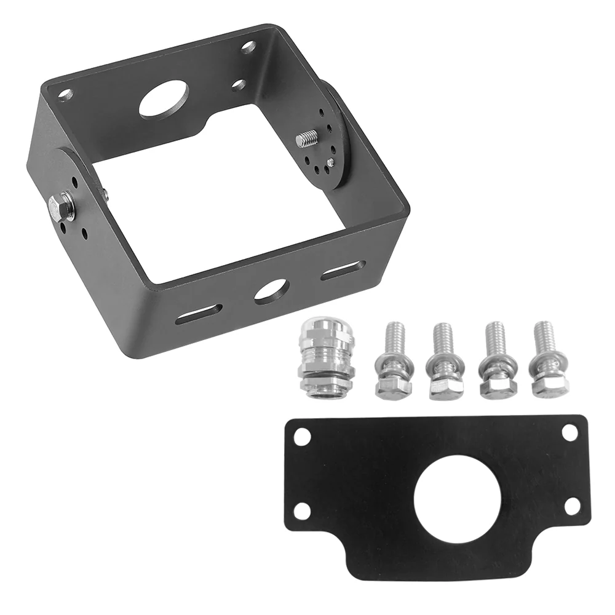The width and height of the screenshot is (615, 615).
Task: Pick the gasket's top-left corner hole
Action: pos(301,437)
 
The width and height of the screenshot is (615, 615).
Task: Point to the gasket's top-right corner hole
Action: pos(569,432)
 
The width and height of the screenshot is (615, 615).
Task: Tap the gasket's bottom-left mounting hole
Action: pos(302,510)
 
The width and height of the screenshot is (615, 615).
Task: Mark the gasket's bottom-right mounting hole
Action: pos(572,506)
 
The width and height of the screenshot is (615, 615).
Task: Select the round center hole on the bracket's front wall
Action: pos(271,290)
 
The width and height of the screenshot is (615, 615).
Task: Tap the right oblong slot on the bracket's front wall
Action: pos(343,270)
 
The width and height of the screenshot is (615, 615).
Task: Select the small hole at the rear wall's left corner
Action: pos(66,95)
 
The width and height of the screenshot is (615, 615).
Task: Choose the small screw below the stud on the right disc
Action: pos(330,162)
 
